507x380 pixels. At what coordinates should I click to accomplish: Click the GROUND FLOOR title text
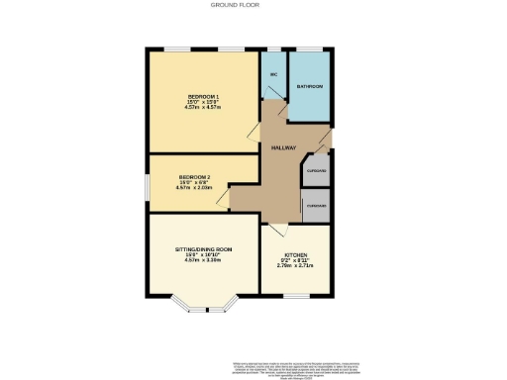pyautogui.click(x=228, y=5)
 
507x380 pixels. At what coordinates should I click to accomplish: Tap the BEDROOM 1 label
pyautogui.click(x=203, y=96)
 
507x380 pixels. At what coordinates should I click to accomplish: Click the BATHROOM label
pyautogui.click(x=310, y=87)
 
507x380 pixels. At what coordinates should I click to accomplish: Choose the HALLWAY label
pyautogui.click(x=284, y=147)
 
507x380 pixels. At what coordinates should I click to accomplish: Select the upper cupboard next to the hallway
pyautogui.click(x=317, y=170)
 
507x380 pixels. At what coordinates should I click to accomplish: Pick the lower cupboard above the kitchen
pyautogui.click(x=317, y=205)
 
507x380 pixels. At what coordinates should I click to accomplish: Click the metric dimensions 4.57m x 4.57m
pyautogui.click(x=203, y=108)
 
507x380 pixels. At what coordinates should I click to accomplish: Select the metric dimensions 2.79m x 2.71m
pyautogui.click(x=299, y=265)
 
